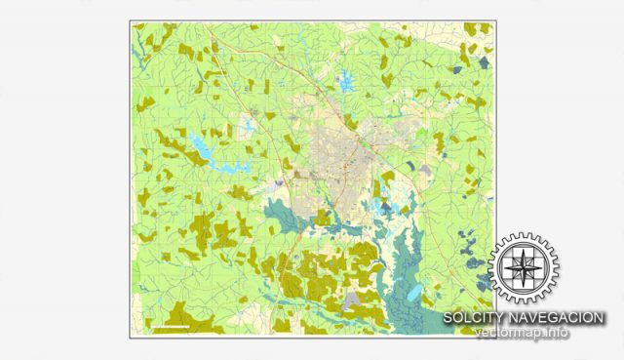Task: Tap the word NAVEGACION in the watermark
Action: point(556,318)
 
